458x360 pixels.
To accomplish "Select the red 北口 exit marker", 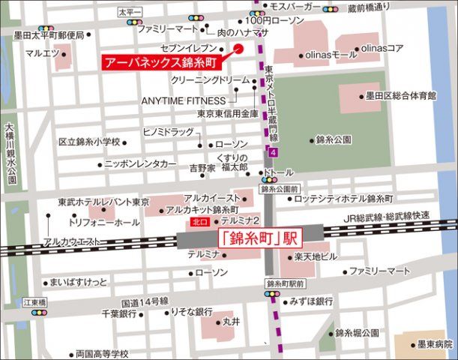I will pyautogui.click(x=199, y=223).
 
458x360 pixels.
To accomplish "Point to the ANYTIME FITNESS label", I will pyautogui.click(x=183, y=100).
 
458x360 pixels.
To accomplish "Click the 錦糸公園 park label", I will pyautogui.click(x=334, y=139).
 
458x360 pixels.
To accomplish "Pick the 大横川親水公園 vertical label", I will pyautogui.click(x=10, y=154).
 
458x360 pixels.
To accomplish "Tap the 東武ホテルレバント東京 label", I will pyautogui.click(x=103, y=202).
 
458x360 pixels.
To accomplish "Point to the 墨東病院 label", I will pyautogui.click(x=436, y=344).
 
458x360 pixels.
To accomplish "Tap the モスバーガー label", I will pyautogui.click(x=297, y=7).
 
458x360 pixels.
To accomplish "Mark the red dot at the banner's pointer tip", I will pyautogui.click(x=239, y=49).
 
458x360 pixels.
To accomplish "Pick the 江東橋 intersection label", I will pyautogui.click(x=34, y=301).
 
